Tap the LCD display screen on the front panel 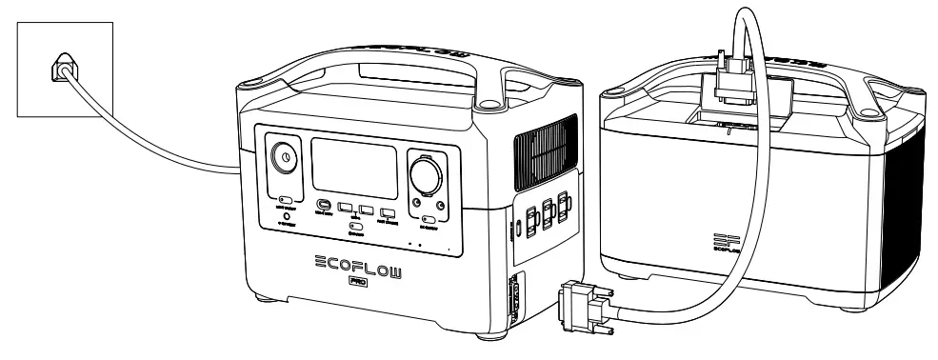coord(354,167)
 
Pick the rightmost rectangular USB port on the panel coord(388,212)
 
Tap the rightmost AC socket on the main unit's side coord(566,205)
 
